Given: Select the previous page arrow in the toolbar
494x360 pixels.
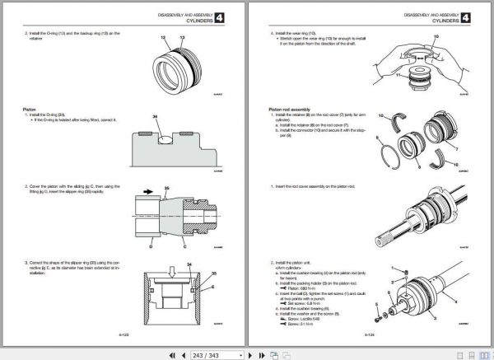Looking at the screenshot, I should (x=183, y=354).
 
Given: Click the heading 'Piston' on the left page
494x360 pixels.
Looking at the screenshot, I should (x=30, y=109).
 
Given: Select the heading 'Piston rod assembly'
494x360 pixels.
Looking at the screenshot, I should (x=291, y=109).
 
